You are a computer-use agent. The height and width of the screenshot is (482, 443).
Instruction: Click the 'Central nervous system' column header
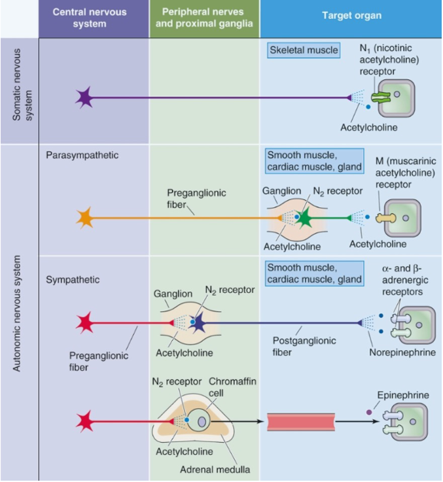(90, 18)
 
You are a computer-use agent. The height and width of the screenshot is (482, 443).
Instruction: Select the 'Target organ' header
(351, 16)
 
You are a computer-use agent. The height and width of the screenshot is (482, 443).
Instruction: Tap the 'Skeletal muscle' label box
(304, 50)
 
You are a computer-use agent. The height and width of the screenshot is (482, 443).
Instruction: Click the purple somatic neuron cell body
(84, 97)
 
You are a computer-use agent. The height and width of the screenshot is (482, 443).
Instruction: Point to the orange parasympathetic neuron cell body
(85, 218)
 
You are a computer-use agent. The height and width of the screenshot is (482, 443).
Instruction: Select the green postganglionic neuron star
(304, 218)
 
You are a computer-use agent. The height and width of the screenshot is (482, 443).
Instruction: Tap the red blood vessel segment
(301, 422)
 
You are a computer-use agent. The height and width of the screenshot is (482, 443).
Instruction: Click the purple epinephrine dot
(369, 412)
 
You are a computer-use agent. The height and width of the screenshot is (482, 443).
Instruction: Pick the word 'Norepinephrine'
(402, 353)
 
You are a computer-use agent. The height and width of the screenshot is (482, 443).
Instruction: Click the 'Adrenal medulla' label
(215, 470)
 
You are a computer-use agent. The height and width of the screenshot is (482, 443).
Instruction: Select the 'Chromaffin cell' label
(232, 387)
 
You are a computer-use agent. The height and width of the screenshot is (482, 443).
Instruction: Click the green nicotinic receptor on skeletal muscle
(381, 97)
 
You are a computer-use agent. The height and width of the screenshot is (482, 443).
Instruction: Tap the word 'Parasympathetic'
(82, 155)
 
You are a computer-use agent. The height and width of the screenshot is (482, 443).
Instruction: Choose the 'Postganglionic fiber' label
(304, 346)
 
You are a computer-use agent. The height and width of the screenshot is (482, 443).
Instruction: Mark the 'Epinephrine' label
(403, 395)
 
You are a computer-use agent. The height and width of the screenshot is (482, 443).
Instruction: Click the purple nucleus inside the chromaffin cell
(202, 421)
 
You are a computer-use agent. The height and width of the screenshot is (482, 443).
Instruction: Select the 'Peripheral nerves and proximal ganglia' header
(204, 18)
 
